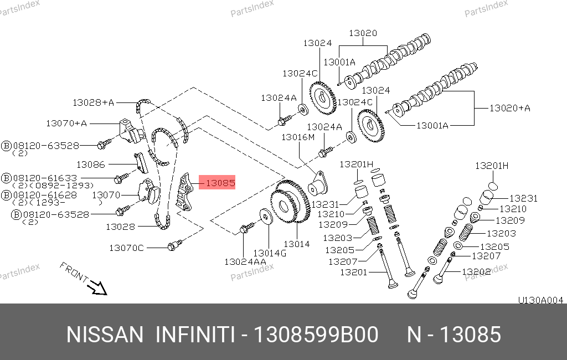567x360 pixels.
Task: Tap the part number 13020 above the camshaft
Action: pos(363,33)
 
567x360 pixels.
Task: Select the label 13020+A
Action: pos(510,108)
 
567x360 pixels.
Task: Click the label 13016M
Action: pos(298,137)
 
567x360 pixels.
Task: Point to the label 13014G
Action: pos(270,253)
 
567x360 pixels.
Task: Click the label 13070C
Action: pos(126,248)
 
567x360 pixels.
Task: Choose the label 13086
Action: pos(90,164)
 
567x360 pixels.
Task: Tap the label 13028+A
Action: pos(93,103)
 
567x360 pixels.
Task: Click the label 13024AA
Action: pos(245,261)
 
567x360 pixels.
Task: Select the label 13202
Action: pos(476,271)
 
